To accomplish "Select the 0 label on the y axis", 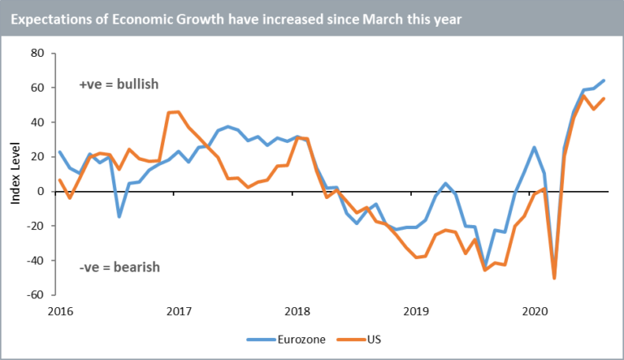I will point(41,192).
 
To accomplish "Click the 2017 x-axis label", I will point(179,310).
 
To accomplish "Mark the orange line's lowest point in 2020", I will point(554,278).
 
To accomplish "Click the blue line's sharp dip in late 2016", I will point(119,216).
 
